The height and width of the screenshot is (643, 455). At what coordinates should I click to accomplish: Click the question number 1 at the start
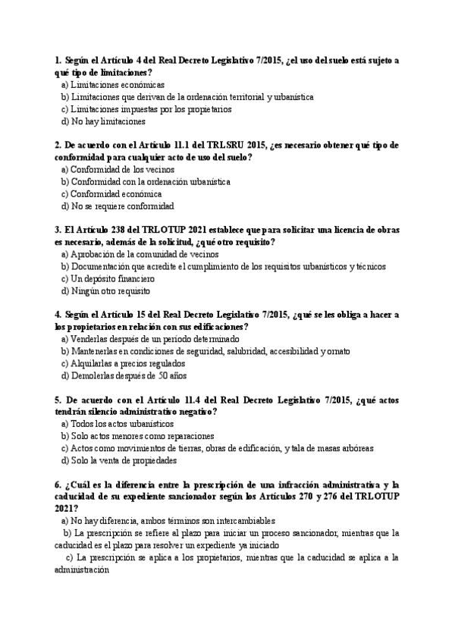click(x=58, y=60)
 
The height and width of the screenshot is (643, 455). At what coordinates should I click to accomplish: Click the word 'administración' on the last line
click(x=83, y=569)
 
